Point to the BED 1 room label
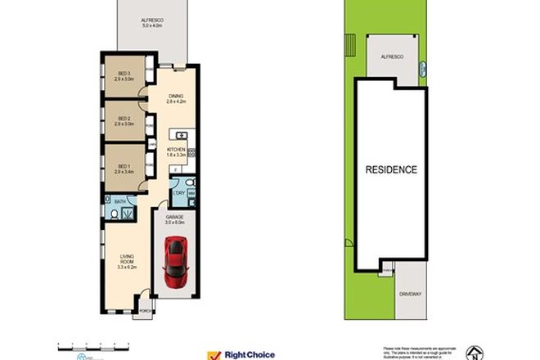coord(124,168)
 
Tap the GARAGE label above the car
coord(174,217)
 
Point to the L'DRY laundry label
coord(178,193)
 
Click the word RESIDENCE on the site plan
coord(391,170)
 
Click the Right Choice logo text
coord(250,353)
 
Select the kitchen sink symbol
coord(182,135)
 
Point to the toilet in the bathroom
coord(112,215)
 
